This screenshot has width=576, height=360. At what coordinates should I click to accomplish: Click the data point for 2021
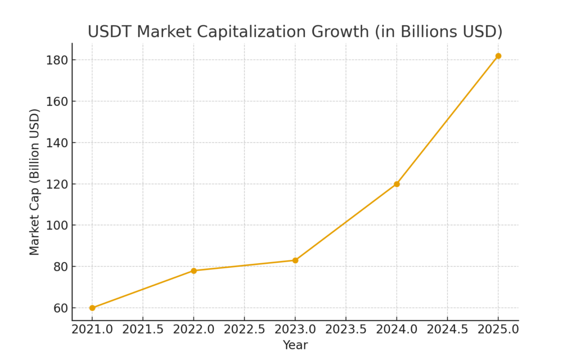click(92, 308)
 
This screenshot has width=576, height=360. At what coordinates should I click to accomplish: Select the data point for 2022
click(193, 271)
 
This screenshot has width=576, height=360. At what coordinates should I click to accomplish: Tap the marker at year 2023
click(295, 260)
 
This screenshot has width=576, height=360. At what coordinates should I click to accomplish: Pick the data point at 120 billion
click(397, 184)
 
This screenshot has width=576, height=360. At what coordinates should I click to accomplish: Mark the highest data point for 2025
click(498, 56)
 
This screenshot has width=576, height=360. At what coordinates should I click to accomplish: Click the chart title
click(295, 31)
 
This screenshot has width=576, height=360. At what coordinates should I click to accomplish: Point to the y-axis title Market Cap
click(35, 182)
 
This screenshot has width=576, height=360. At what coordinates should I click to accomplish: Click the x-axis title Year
click(295, 345)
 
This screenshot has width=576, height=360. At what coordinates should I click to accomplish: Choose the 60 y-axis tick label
click(60, 308)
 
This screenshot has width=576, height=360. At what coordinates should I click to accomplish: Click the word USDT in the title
click(110, 31)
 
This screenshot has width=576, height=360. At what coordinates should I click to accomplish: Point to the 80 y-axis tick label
click(60, 267)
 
